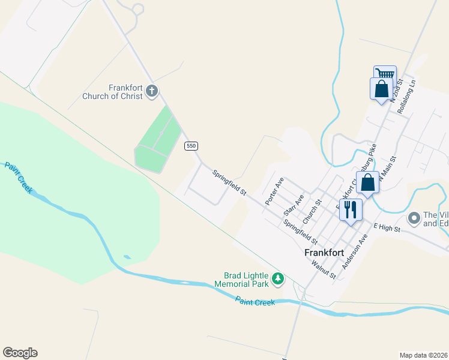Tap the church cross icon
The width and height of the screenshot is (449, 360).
(x=152, y=92)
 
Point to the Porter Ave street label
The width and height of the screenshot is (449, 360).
(x=274, y=191)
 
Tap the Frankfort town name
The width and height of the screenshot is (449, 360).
(x=324, y=253)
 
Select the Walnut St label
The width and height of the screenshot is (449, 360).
(x=324, y=268)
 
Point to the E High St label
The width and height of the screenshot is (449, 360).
(x=387, y=226)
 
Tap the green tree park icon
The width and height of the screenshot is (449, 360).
(x=277, y=278)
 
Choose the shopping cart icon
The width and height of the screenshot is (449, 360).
(x=385, y=74)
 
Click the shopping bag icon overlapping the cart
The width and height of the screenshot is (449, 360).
(x=381, y=89)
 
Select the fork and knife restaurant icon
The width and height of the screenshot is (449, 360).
(x=351, y=209)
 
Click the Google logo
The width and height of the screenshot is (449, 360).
(x=20, y=353)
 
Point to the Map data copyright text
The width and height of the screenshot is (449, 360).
(x=423, y=355)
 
